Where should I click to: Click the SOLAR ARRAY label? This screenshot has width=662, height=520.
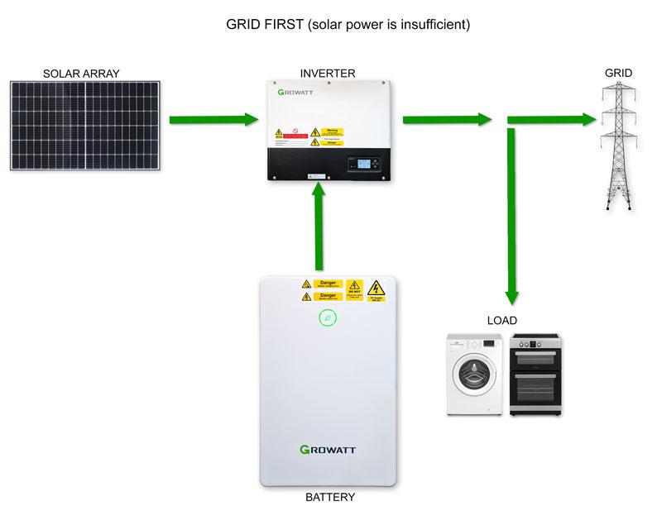pos(81,74)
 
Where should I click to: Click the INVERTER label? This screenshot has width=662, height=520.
pos(328,74)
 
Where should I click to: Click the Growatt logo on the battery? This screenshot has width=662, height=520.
pos(329,450)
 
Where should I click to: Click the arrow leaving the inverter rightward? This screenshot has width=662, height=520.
pos(448,120)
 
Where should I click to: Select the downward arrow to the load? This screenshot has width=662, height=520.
pos(512,215)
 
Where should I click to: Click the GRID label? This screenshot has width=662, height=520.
pos(618,74)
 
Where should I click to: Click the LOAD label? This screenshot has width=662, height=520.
pos(501,321)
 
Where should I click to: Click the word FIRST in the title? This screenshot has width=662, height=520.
pos(280,25)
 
